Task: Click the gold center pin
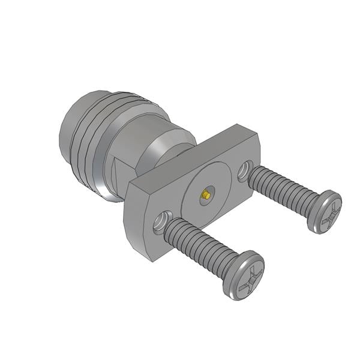click(206, 195)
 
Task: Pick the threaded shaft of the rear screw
click(282, 189)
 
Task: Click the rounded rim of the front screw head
click(231, 288)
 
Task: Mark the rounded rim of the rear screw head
click(313, 223)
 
